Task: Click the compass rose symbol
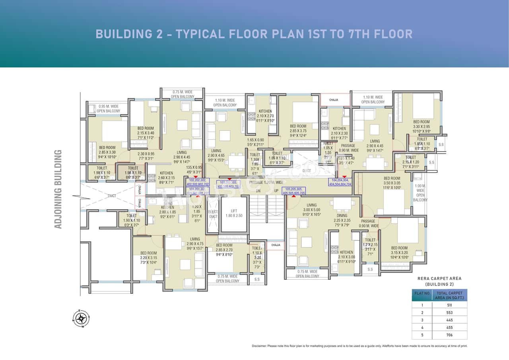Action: point(82,318)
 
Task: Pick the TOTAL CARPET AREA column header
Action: point(452,295)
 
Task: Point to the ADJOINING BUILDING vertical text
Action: point(58,189)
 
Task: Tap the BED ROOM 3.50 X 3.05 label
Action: point(392,183)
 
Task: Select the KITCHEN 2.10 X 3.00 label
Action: point(346,257)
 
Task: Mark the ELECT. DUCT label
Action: point(213,214)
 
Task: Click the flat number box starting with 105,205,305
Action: point(294,191)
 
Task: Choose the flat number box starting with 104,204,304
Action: point(340,182)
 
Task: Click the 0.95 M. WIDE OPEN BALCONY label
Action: point(109,109)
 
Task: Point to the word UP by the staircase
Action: point(276,191)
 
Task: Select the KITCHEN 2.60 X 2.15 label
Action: point(166,178)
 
